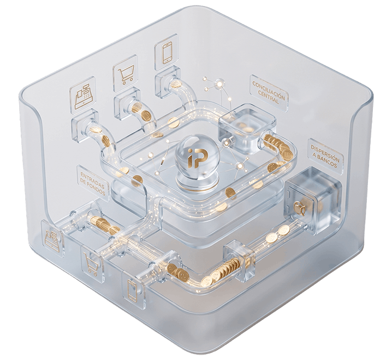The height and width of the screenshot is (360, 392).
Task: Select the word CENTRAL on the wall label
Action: tap(268, 97)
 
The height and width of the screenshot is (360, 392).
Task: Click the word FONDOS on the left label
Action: tap(94, 187)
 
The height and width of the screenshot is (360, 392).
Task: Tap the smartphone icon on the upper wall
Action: tap(167, 52)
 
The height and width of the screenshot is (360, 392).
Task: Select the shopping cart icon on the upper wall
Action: tap(126, 74)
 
